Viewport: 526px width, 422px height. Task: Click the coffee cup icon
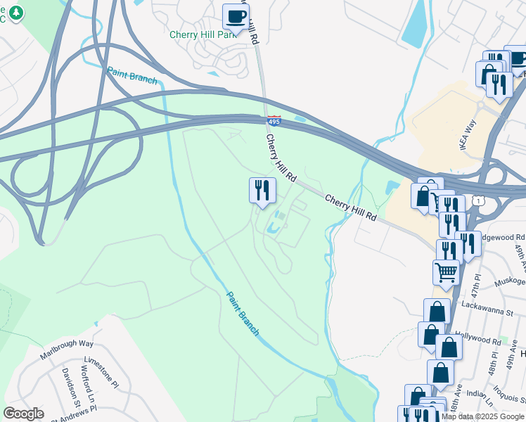coord(236,15)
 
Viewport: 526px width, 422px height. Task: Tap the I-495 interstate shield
coord(274,121)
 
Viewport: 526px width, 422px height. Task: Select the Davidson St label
coord(66,384)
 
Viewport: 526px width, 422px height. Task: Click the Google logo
coord(23,413)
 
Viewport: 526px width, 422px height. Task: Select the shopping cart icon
coord(446,271)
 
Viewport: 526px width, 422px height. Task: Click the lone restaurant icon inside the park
coord(262,189)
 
